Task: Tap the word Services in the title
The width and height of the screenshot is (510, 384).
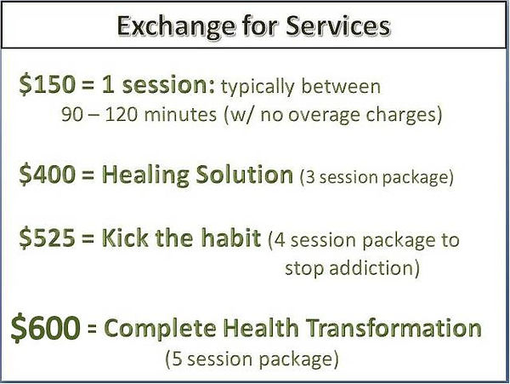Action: [338, 26]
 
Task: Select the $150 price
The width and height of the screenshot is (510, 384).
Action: [47, 84]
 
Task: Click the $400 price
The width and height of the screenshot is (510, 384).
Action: [47, 175]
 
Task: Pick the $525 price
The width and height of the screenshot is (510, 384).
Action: [47, 238]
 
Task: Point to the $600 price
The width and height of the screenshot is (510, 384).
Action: [46, 327]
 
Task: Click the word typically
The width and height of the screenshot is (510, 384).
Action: [258, 88]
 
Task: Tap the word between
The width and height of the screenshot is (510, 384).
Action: [341, 86]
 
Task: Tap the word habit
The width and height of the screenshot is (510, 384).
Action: [230, 238]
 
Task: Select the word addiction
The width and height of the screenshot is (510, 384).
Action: [371, 269]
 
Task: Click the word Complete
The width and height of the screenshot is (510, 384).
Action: [160, 329]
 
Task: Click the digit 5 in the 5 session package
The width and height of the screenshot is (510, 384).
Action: [176, 359]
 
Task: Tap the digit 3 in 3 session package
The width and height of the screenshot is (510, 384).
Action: [311, 177]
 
